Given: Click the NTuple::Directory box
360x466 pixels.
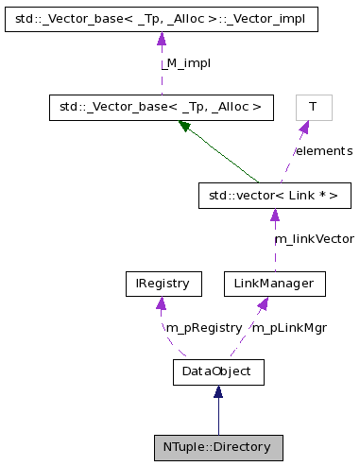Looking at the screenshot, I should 218,447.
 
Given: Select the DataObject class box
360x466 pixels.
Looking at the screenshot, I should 217,371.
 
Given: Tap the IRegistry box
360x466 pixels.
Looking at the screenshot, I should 163,283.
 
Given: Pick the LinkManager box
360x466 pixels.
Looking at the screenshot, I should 274,283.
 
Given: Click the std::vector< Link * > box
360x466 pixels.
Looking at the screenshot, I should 274,196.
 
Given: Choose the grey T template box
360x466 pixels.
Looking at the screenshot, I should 314,108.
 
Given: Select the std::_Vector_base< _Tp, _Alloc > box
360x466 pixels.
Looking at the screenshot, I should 161,108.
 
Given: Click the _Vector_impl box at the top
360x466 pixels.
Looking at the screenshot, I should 161,19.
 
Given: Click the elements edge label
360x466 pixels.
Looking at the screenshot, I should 323,151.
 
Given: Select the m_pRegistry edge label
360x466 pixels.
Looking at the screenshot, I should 203,327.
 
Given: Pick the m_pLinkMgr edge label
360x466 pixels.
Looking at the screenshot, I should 289,327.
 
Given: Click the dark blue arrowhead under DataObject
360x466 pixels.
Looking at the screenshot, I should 217,391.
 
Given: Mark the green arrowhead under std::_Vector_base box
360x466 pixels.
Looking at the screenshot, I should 185,127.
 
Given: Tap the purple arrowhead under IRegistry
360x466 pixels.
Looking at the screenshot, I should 163,302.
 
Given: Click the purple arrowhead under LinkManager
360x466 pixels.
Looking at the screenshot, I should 264,302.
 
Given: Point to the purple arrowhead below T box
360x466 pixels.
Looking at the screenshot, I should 304,127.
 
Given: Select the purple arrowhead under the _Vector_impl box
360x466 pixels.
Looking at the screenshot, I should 161,39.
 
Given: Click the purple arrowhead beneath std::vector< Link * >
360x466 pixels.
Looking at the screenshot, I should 274,215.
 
